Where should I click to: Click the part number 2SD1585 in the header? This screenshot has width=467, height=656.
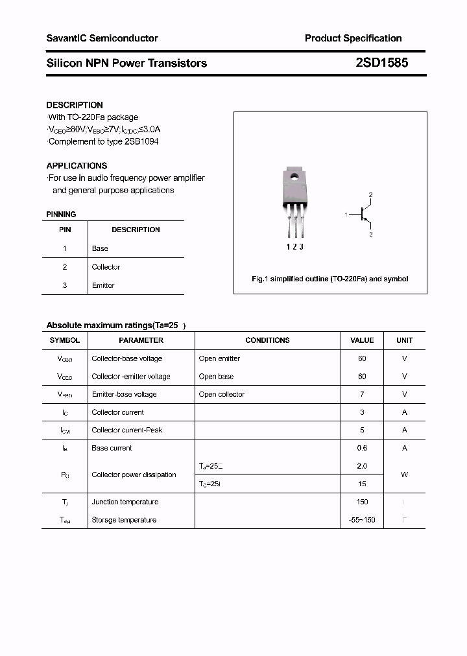click(381, 63)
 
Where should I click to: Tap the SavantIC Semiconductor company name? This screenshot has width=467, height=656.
click(102, 38)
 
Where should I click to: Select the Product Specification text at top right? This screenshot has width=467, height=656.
click(353, 38)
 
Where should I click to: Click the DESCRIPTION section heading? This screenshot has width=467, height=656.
click(75, 105)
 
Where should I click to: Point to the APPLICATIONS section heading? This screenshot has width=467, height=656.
click(77, 166)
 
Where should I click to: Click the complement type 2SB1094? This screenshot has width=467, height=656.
click(141, 141)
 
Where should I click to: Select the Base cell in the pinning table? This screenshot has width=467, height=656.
click(100, 248)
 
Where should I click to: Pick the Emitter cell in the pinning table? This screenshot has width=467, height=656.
click(103, 285)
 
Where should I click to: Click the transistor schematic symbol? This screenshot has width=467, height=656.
click(364, 214)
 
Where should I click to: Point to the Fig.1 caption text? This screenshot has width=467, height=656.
click(329, 279)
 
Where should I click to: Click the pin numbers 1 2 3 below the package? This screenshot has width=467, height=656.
click(294, 246)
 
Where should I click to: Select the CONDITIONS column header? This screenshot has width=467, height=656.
click(267, 340)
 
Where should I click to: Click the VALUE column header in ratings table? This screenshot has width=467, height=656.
click(362, 340)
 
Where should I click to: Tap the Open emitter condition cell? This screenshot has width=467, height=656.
click(219, 358)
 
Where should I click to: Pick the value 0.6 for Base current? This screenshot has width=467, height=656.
click(362, 448)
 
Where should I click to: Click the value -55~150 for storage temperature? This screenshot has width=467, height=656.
click(362, 520)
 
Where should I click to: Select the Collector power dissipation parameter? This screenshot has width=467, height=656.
click(134, 474)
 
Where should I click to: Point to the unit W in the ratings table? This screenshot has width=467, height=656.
click(404, 474)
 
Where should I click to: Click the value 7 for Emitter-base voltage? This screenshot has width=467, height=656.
click(362, 394)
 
